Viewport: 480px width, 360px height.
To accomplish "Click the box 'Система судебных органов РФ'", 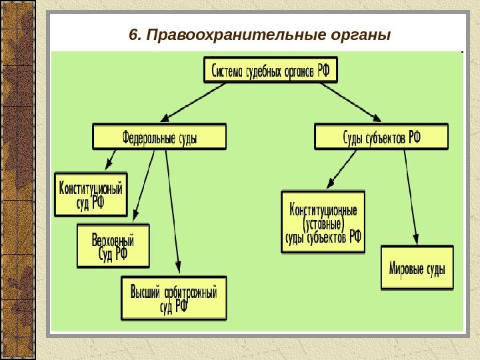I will pos(271,69).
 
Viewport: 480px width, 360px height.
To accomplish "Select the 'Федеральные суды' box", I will pos(159,136).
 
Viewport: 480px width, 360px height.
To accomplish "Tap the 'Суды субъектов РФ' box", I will pos(381,136).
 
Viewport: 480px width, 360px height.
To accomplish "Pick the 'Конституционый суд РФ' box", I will pos(91,195).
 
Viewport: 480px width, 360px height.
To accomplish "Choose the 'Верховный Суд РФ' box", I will pos(113,245).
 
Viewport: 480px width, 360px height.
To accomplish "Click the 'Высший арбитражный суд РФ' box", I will pos(174,298).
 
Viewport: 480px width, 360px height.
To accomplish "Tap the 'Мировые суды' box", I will pos(417,268).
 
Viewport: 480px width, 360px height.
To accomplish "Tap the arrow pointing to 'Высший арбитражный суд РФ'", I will pos(173,213).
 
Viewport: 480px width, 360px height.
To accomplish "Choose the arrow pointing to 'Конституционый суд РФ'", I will pos(111,161).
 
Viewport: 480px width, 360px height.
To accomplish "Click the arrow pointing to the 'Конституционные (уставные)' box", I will pos(343,169).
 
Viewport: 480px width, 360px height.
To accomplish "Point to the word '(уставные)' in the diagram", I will pos(323,223).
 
